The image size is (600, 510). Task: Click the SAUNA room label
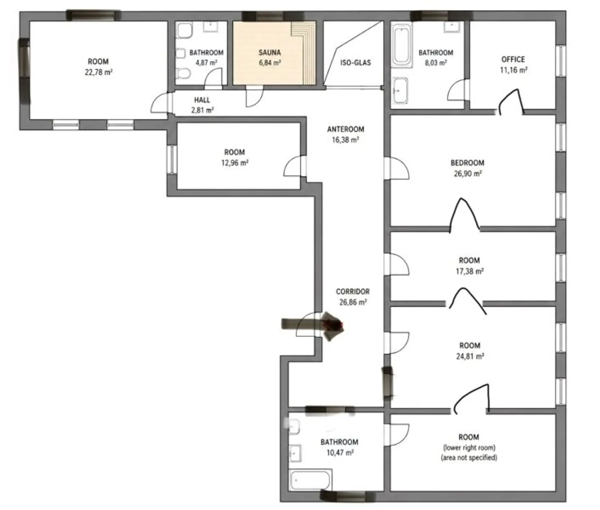(x=269, y=52)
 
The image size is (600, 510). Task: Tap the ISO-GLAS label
(x=356, y=62)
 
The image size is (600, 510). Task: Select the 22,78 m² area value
(x=98, y=72)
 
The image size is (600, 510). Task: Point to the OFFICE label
(x=513, y=59)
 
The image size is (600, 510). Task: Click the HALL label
(x=202, y=100)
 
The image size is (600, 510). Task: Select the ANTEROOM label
(x=346, y=129)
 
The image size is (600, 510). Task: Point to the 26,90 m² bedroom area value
(x=467, y=173)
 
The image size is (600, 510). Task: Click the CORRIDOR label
(x=353, y=292)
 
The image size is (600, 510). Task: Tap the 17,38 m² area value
(x=469, y=271)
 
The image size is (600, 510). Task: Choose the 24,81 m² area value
(x=470, y=356)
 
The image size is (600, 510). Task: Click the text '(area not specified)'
(x=469, y=458)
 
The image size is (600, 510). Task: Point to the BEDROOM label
(x=467, y=163)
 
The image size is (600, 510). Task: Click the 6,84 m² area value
(x=270, y=63)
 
